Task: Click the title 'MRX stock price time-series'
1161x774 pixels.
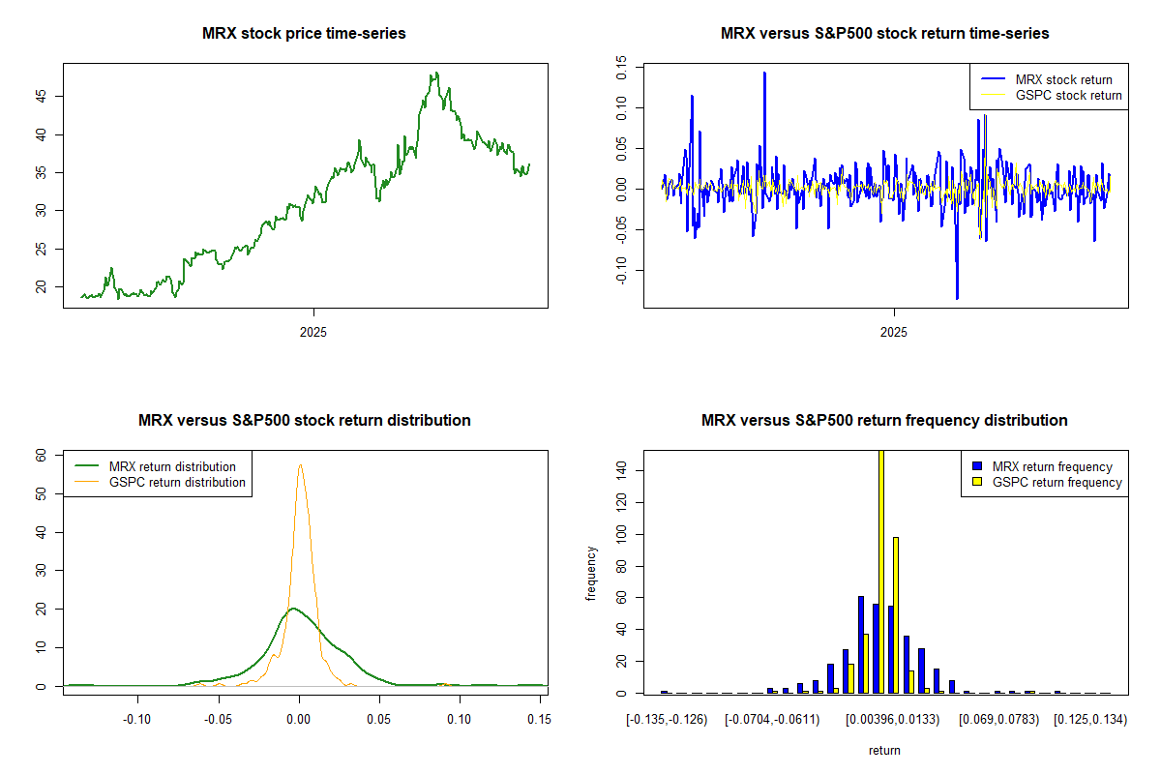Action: (x=304, y=34)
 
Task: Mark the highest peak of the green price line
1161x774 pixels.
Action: (x=436, y=73)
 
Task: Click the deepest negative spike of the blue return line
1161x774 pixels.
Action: (x=957, y=299)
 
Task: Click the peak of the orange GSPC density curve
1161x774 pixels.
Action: (x=300, y=465)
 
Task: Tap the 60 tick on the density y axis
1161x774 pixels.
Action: (x=42, y=454)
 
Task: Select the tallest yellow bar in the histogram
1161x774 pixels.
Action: (x=881, y=571)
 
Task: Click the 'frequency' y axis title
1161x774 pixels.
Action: (x=591, y=574)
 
